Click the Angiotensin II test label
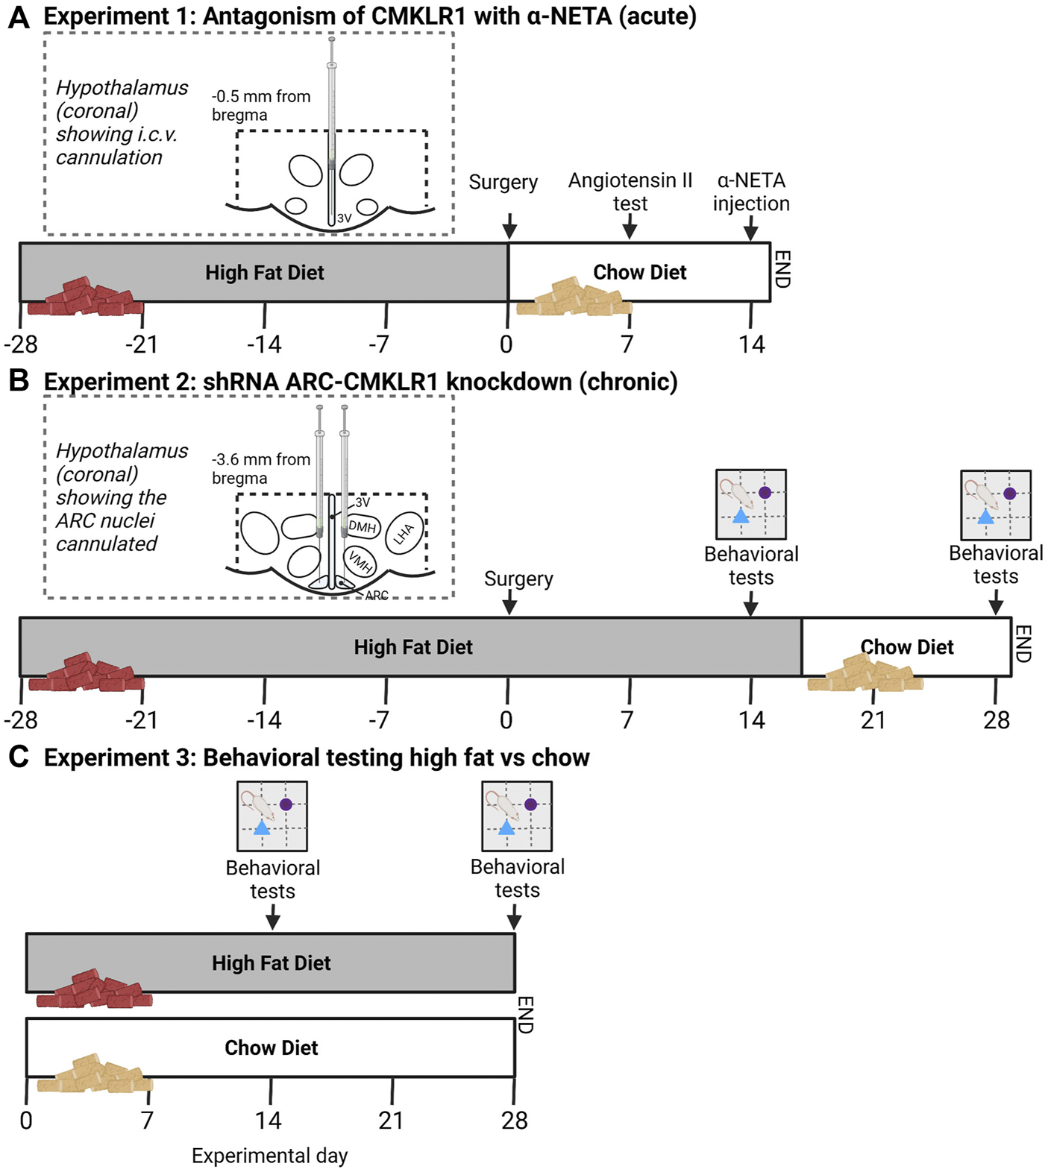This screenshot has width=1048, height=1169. tap(630, 192)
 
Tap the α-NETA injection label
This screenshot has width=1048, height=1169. tap(750, 192)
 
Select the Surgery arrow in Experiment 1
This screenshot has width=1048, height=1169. tap(509, 224)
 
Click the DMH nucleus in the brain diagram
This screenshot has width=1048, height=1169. tap(363, 527)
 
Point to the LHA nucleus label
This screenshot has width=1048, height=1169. tap(404, 533)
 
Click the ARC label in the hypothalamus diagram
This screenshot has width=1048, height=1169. tap(377, 596)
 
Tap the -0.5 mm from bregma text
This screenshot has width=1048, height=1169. tap(260, 106)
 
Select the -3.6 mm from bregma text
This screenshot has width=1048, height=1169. tap(260, 469)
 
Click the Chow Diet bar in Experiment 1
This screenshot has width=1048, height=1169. tap(639, 272)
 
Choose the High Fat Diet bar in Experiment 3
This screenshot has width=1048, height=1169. tap(271, 962)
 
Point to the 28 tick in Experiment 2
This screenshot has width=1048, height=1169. tap(996, 719)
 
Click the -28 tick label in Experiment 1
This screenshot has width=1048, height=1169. tap(21, 344)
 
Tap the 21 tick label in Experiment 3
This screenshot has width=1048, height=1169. tap(391, 1120)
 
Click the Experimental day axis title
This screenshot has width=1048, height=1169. tap(269, 1155)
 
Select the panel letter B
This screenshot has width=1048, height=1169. tap(19, 380)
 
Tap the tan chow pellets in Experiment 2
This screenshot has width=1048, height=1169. tap(865, 675)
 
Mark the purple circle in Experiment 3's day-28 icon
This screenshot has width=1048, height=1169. tap(530, 804)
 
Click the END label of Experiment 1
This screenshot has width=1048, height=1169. tap(782, 269)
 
